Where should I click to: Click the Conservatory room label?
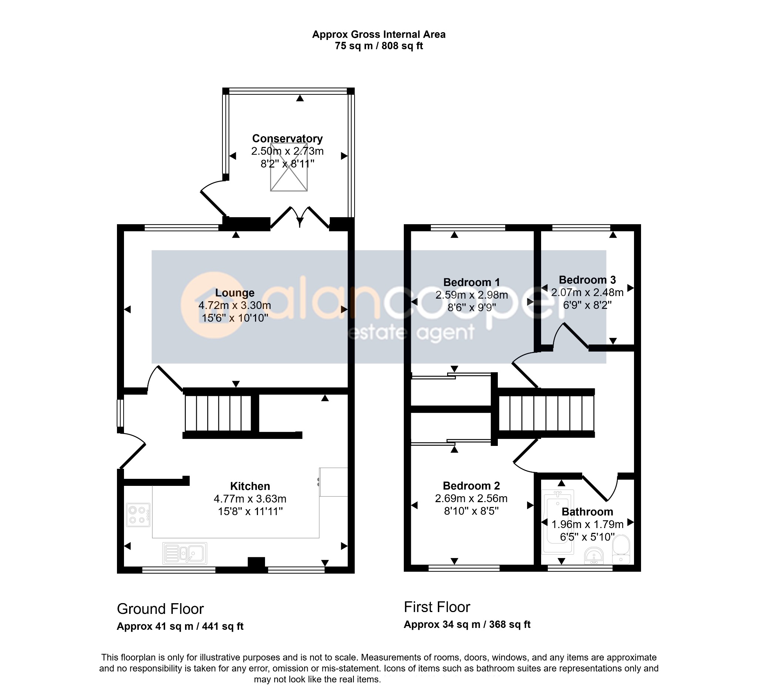tap(288, 139)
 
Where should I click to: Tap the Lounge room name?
tap(235, 293)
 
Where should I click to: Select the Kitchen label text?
tap(250, 486)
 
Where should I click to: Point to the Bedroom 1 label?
tap(471, 282)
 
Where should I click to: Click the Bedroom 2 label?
tap(471, 485)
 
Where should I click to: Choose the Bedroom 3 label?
tap(587, 280)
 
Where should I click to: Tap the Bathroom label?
tap(587, 512)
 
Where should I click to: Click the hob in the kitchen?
tap(138, 515)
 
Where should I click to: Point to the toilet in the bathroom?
tap(621, 549)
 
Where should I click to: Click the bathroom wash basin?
tap(594, 556)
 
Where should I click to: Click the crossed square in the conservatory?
tap(289, 167)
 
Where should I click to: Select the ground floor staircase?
tap(218, 413)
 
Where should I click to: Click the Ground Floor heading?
tap(160, 609)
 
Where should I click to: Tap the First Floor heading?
tap(437, 607)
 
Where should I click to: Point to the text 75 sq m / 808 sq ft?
tap(379, 46)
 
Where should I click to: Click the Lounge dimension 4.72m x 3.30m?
tap(235, 305)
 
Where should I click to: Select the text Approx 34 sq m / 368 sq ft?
tap(467, 625)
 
